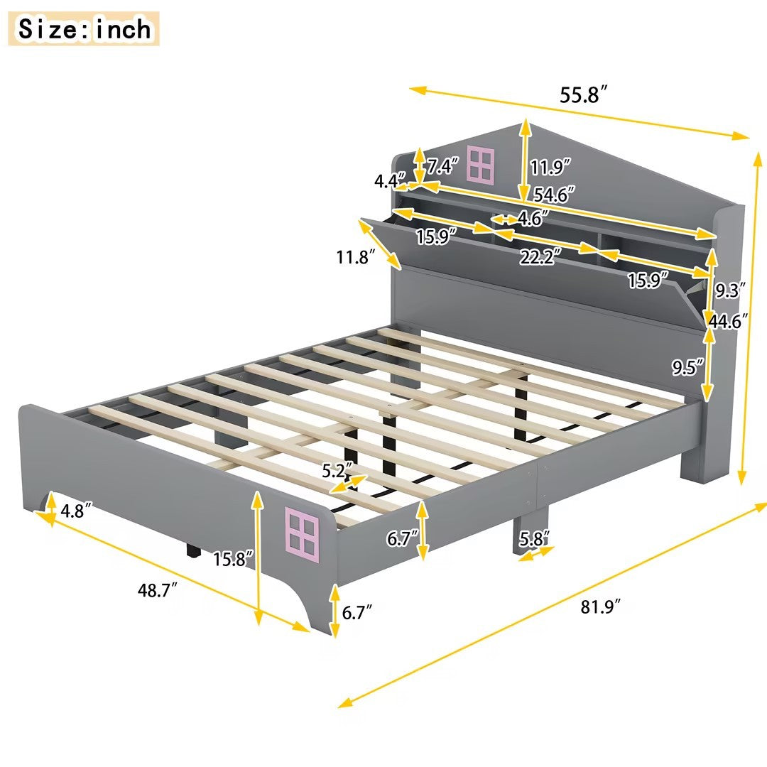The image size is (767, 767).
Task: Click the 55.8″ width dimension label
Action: pos(584,94)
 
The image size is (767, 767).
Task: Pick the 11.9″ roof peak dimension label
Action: pos(551,168)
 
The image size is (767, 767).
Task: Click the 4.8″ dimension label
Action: pos(75,511)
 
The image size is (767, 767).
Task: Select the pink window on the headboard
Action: pos(481,163)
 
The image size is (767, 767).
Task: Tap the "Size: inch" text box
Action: pos(85,29)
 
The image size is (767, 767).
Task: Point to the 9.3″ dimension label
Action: pos(729,290)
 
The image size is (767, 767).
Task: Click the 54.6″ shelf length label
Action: pos(553,194)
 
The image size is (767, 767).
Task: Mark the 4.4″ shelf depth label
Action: pos(390,181)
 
